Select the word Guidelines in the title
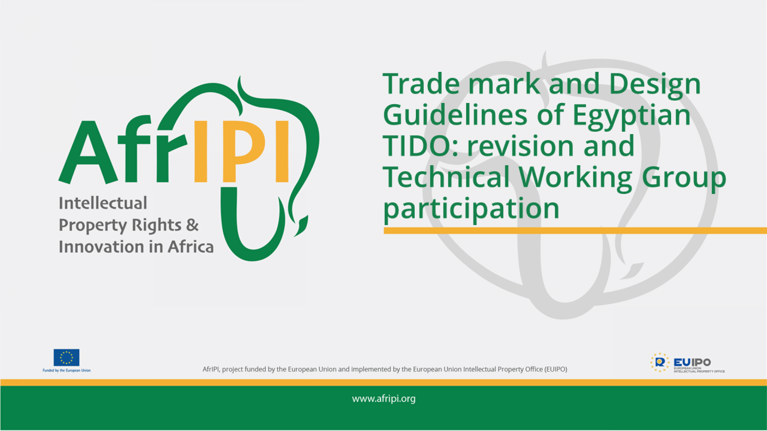tap(455, 115)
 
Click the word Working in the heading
tap(576, 177)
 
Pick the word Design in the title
tap(655, 85)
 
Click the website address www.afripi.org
tap(383, 399)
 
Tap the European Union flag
tap(66, 358)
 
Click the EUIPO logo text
tap(692, 362)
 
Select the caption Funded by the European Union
tap(66, 371)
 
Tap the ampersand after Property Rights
tap(192, 225)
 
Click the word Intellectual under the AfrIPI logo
tap(103, 203)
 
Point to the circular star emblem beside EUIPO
tap(660, 362)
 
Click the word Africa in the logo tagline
tap(191, 247)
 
